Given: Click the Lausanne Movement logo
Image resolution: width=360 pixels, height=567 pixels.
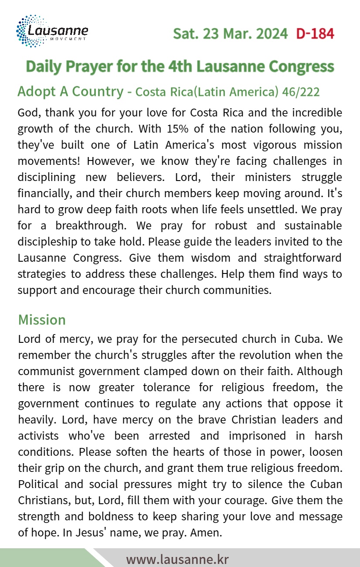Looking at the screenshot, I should (x=52, y=31).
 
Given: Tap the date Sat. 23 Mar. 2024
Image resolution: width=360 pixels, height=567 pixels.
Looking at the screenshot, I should (x=231, y=34).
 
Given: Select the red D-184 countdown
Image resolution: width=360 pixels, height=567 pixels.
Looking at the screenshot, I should (x=315, y=34).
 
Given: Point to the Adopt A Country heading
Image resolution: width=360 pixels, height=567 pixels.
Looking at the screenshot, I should (x=70, y=92).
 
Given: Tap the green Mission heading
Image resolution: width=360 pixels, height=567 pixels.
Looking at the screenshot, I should (x=42, y=320).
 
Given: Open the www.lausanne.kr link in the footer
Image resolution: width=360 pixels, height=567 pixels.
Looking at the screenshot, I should (x=177, y=559).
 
